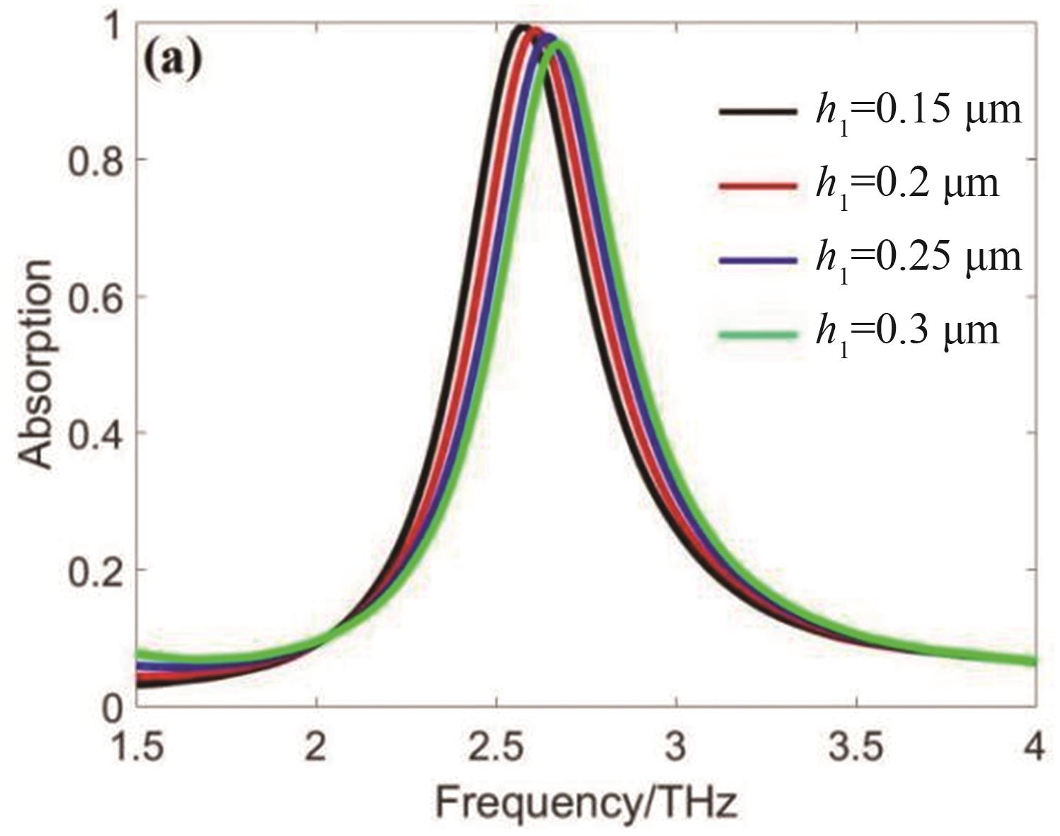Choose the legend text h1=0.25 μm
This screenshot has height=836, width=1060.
tap(918, 258)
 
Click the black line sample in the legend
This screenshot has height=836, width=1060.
tap(756, 112)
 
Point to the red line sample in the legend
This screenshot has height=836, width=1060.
tap(756, 185)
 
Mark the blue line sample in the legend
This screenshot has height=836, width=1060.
tap(756, 259)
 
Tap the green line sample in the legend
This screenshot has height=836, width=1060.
tap(756, 333)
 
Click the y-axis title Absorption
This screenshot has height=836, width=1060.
tap(35, 364)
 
